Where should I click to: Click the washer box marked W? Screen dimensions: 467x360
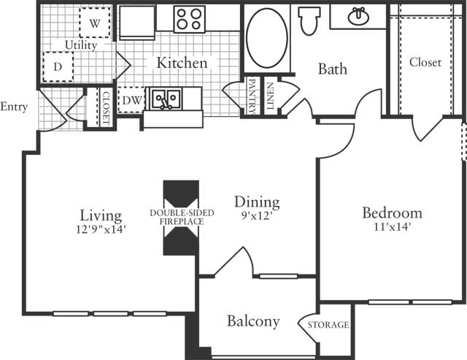pyautogui.click(x=95, y=23)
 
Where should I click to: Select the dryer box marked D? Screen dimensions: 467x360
pyautogui.click(x=58, y=66)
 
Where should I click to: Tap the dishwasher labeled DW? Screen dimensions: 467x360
pyautogui.click(x=131, y=100)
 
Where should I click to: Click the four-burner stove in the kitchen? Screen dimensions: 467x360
pyautogui.click(x=190, y=19)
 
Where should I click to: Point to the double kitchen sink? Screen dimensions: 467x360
pyautogui.click(x=166, y=99)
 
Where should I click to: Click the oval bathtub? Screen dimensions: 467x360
pyautogui.click(x=267, y=38)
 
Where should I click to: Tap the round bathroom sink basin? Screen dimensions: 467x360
pyautogui.click(x=358, y=16)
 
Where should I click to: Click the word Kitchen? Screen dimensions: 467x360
pyautogui.click(x=182, y=63)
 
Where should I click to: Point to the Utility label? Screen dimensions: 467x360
pyautogui.click(x=81, y=45)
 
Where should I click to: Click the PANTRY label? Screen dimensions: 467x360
pyautogui.click(x=252, y=97)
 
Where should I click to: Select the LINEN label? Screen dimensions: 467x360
pyautogui.click(x=270, y=96)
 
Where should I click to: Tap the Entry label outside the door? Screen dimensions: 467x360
pyautogui.click(x=14, y=107)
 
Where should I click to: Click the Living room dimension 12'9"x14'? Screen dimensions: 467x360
pyautogui.click(x=101, y=229)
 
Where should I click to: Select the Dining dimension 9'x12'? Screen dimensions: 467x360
pyautogui.click(x=257, y=215)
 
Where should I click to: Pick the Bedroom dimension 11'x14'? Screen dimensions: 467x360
pyautogui.click(x=393, y=227)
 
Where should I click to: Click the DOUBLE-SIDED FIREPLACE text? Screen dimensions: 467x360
pyautogui.click(x=182, y=218)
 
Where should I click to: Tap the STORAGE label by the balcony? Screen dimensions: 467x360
pyautogui.click(x=328, y=324)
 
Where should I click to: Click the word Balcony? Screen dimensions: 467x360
pyautogui.click(x=253, y=321)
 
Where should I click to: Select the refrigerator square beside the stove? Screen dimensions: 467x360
pyautogui.click(x=137, y=23)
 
